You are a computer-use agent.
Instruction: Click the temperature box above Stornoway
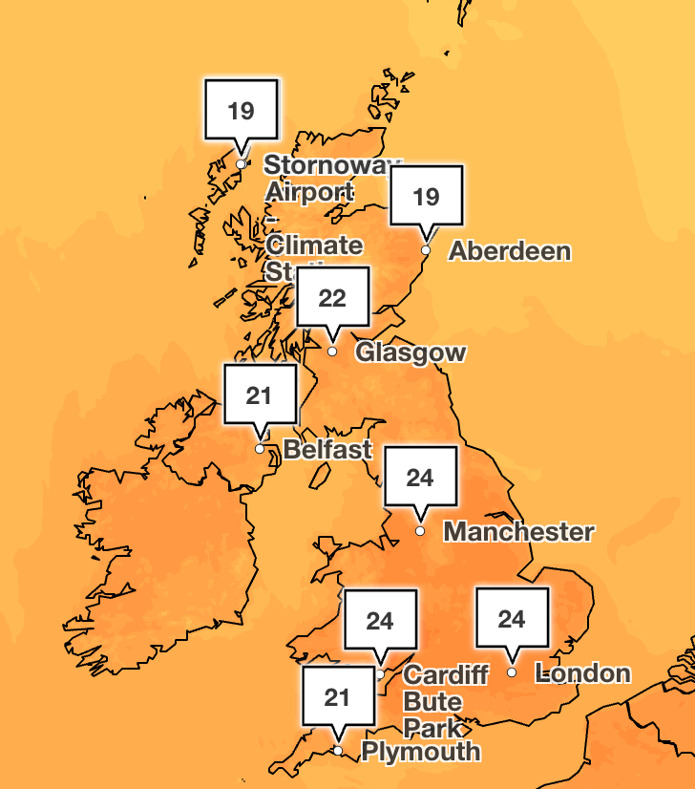(242, 111)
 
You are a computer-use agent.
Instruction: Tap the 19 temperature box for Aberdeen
(426, 197)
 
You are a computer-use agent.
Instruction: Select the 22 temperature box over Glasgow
(332, 298)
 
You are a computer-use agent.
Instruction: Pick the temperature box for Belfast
(260, 395)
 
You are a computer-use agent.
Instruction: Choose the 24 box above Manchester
(420, 478)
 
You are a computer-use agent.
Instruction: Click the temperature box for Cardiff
(380, 622)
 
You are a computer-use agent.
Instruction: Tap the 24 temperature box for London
(512, 620)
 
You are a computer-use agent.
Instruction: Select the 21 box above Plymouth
(337, 697)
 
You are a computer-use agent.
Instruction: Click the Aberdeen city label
(510, 251)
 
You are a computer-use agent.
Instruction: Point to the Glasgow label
(411, 352)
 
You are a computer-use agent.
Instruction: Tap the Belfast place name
(327, 449)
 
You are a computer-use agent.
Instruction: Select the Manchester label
(519, 531)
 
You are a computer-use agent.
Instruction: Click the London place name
(583, 673)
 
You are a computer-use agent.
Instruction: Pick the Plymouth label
(420, 751)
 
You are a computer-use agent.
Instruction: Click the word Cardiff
(446, 675)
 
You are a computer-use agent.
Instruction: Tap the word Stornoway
(328, 164)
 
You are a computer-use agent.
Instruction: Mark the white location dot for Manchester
(419, 530)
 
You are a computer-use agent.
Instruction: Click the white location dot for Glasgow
(332, 352)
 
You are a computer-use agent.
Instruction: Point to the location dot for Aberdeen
(426, 250)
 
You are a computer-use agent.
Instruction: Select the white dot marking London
(512, 672)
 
